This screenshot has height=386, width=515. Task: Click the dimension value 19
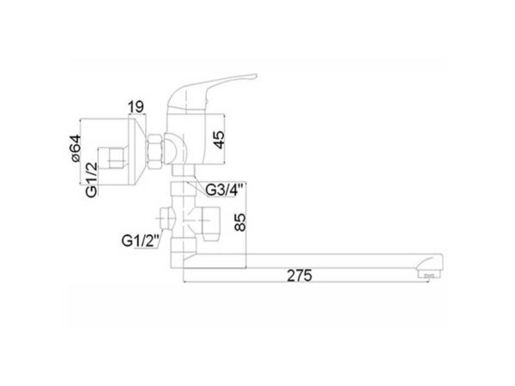click(136, 106)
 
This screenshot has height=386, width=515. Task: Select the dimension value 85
click(239, 222)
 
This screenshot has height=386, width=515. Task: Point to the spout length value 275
click(300, 275)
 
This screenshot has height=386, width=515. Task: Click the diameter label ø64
click(76, 148)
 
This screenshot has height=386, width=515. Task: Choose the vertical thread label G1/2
click(92, 180)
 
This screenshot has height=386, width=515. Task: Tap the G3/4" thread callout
click(225, 190)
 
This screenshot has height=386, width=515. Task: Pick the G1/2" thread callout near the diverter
click(141, 241)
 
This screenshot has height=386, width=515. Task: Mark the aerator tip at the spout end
click(429, 274)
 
